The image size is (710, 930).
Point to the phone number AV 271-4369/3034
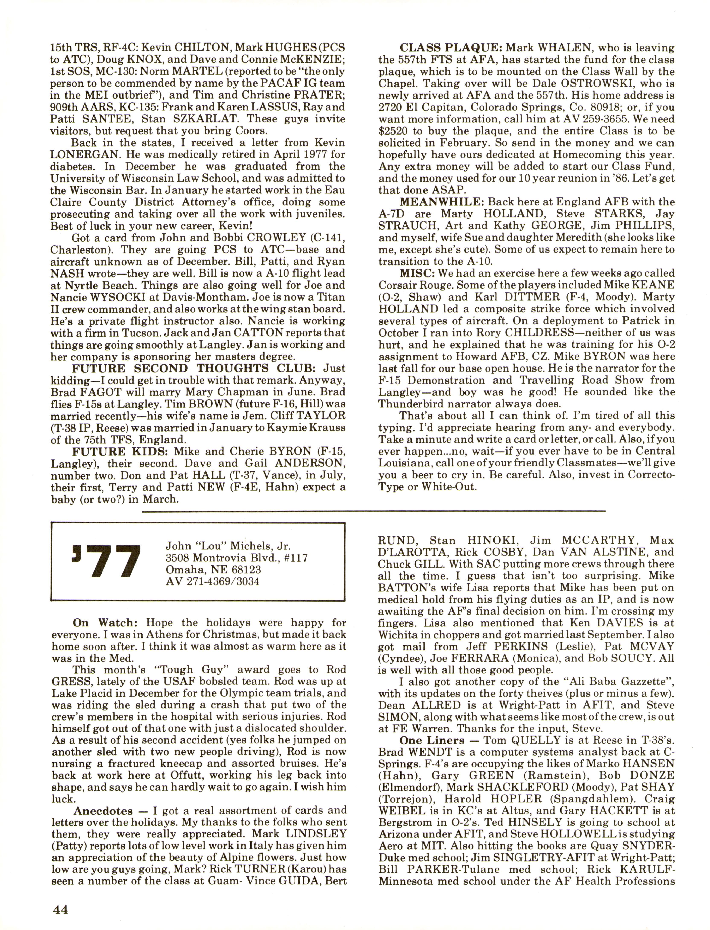click(212, 581)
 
